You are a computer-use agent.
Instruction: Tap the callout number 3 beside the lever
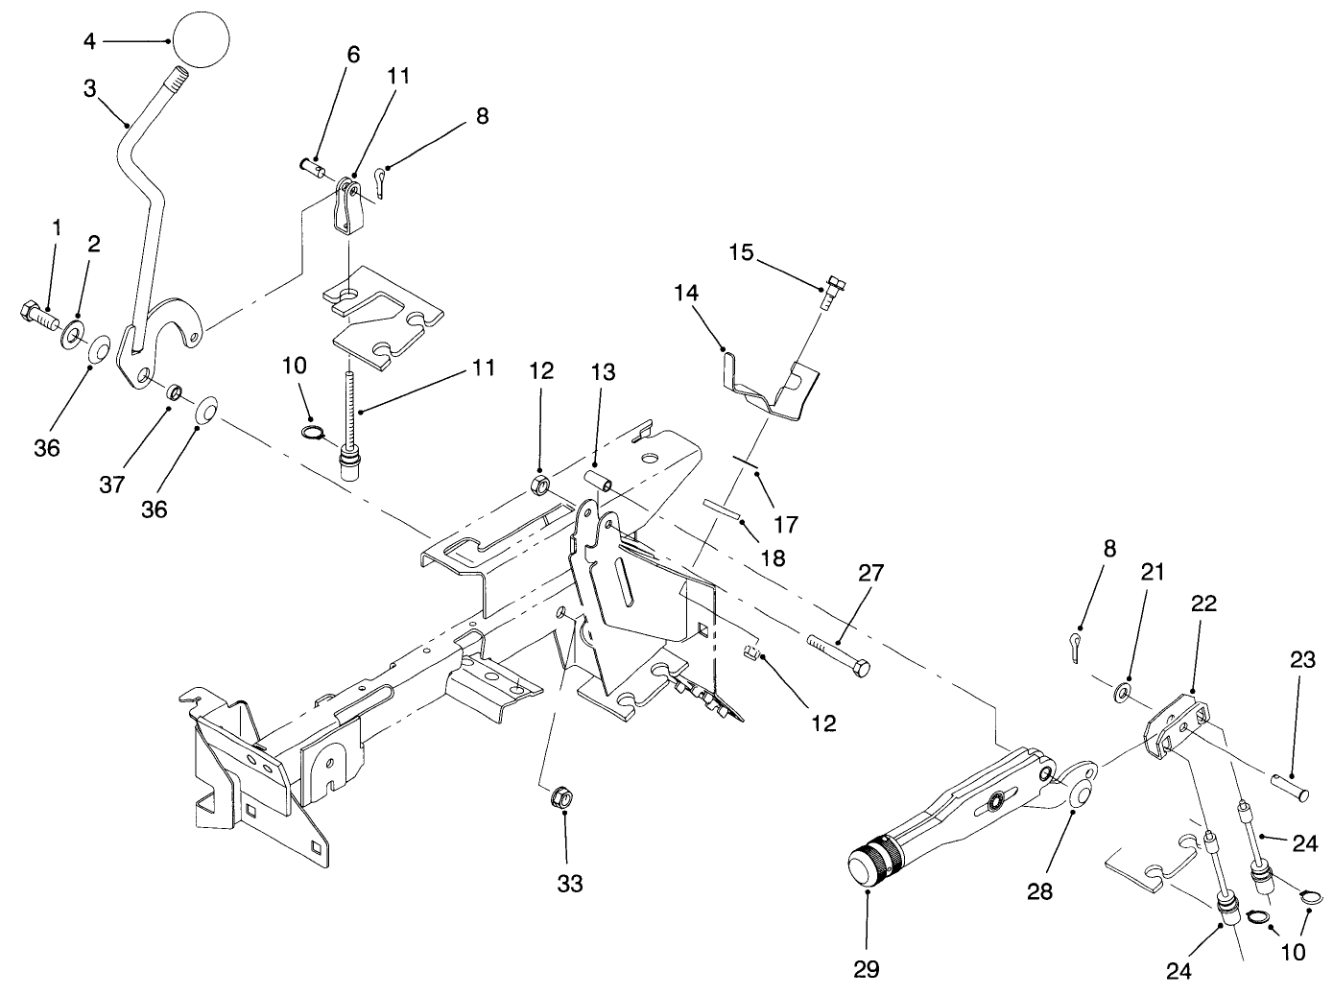click(89, 88)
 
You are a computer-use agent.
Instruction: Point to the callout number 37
click(112, 485)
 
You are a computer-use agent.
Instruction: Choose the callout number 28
click(1039, 891)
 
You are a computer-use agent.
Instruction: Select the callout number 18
click(772, 557)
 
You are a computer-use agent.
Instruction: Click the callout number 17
click(785, 524)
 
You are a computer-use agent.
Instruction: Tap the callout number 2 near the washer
click(94, 244)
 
